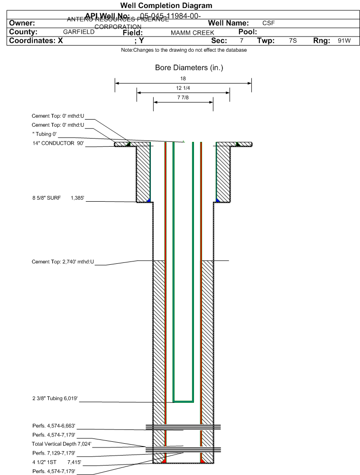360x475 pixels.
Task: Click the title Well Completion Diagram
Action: click(166, 6)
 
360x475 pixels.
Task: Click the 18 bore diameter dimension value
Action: click(183, 78)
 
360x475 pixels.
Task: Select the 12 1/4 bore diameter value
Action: click(183, 88)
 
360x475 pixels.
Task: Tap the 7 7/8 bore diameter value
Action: click(183, 98)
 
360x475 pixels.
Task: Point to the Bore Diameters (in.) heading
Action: click(189, 68)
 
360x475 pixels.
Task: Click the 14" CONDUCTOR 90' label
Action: click(58, 143)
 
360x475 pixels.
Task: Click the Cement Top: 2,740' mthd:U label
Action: click(63, 261)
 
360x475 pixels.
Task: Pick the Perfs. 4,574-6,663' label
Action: click(54, 426)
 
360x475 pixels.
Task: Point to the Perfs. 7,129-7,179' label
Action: click(54, 453)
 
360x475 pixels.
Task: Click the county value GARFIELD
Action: click(79, 32)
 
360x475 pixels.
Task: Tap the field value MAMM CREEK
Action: click(193, 33)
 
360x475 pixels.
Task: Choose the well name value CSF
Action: click(268, 23)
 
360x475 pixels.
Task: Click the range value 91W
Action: click(344, 41)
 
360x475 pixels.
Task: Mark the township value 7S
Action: click(293, 41)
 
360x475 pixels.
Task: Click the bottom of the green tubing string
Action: click(184, 401)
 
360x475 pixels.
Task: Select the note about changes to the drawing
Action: click(184, 50)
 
